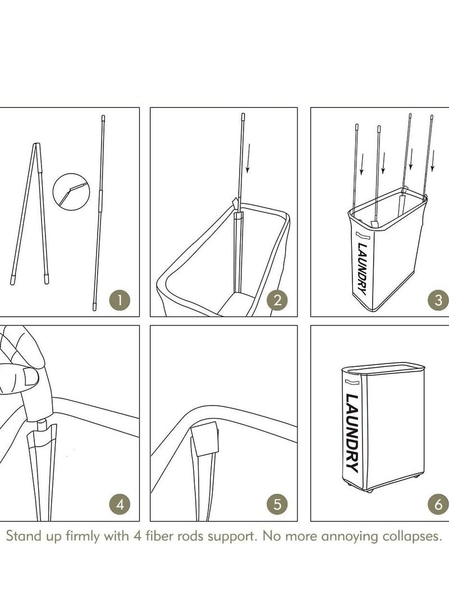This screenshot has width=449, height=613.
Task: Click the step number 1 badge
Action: (120, 300)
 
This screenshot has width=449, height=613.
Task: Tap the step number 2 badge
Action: (277, 300)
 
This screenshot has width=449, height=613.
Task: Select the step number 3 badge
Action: (438, 300)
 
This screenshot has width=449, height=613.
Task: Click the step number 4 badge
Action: (120, 504)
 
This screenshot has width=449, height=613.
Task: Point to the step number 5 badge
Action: (277, 504)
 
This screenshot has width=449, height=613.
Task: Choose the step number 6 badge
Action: (438, 504)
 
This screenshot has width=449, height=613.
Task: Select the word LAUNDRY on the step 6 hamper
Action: (351, 433)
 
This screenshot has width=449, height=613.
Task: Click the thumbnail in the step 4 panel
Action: (30, 377)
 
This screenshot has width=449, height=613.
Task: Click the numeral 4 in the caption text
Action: (137, 535)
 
